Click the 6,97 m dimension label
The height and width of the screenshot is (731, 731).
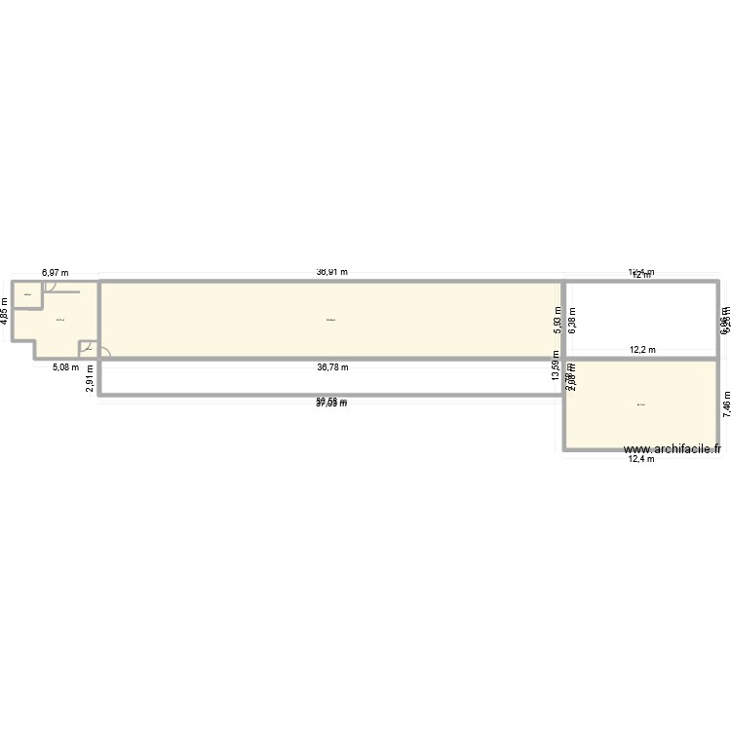(x=55, y=275)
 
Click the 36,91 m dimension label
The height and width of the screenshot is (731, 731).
(x=332, y=274)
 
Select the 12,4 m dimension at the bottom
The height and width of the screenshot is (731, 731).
(x=641, y=459)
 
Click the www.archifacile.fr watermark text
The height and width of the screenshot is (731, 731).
(x=673, y=449)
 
